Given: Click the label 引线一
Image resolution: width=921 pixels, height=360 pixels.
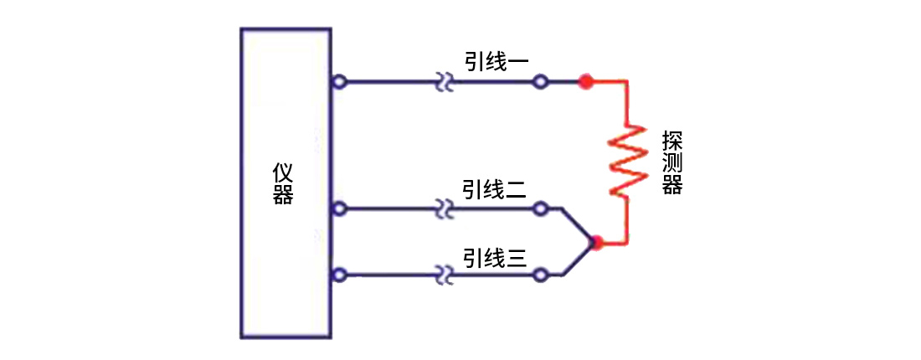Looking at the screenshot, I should click(x=497, y=61).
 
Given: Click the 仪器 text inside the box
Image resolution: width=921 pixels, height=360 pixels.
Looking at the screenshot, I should click(x=283, y=184).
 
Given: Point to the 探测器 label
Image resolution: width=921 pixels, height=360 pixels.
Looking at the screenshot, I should click(x=671, y=162).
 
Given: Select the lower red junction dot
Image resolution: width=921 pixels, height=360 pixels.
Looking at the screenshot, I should click(x=596, y=244).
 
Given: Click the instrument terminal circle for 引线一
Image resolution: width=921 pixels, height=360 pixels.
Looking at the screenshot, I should click(x=338, y=82).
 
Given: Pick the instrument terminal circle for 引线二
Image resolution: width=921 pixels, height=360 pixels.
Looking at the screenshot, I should click(x=338, y=208).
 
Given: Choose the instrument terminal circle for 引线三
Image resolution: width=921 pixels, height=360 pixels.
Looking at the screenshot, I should click(x=338, y=275).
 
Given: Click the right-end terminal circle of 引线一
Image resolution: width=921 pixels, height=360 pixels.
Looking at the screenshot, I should click(x=541, y=82).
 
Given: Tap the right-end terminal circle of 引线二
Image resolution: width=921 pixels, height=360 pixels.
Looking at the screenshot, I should click(x=541, y=208).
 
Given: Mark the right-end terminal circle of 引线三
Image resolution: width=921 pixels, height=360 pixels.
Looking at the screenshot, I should click(x=541, y=275).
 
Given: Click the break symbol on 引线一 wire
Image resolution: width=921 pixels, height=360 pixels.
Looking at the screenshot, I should click(x=445, y=83).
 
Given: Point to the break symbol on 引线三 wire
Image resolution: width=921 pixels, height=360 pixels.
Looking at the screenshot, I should click(x=445, y=275).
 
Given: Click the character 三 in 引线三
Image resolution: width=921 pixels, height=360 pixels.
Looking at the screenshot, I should click(x=517, y=257).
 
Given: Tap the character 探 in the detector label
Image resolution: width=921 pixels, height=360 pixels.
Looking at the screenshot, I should click(x=671, y=139).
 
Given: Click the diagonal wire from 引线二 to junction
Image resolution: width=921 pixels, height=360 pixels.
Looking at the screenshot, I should click(x=578, y=224).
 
